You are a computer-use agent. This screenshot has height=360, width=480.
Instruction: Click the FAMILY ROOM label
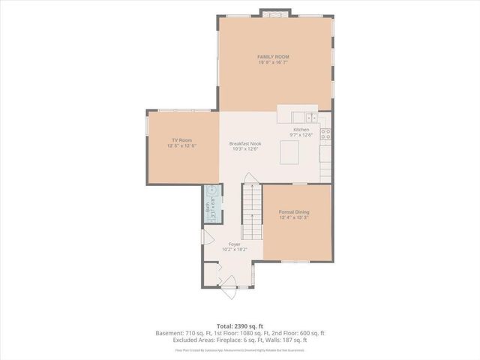tap(273, 57)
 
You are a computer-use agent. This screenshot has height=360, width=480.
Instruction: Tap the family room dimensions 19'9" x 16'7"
tap(273, 63)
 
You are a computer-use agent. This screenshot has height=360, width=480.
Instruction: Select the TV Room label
tap(181, 140)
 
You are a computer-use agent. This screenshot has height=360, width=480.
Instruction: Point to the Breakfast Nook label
tap(244, 143)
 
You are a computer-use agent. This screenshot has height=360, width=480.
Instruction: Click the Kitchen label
tap(301, 130)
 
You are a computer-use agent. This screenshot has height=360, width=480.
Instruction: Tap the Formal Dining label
tap(294, 212)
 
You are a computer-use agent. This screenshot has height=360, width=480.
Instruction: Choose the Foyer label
tap(234, 244)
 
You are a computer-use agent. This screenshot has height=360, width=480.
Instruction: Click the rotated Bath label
tap(208, 203)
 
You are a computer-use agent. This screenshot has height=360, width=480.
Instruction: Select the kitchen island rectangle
tap(291, 152)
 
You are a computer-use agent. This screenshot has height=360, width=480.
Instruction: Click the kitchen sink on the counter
tap(310, 117)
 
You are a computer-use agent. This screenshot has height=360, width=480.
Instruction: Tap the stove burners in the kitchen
tap(326, 135)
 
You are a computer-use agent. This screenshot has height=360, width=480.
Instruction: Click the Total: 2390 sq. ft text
tap(239, 325)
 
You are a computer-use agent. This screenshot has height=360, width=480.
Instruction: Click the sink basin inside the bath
tap(211, 190)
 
